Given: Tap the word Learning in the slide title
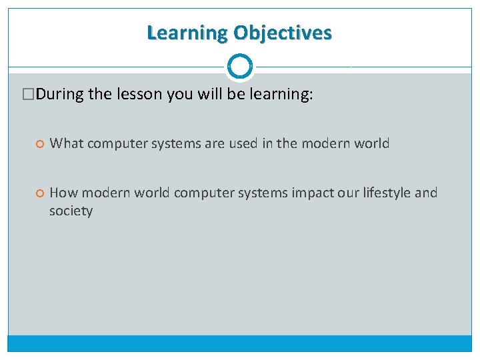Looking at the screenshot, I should point(187,33).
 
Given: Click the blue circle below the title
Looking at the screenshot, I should point(240,67).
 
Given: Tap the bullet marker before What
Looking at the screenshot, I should point(39,143).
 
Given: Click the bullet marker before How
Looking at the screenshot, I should point(39,193).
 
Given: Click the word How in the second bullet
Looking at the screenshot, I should point(63,193).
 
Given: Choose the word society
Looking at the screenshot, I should point(71,211).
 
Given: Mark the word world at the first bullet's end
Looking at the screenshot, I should point(371,143).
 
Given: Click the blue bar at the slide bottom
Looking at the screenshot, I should point(240,343).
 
